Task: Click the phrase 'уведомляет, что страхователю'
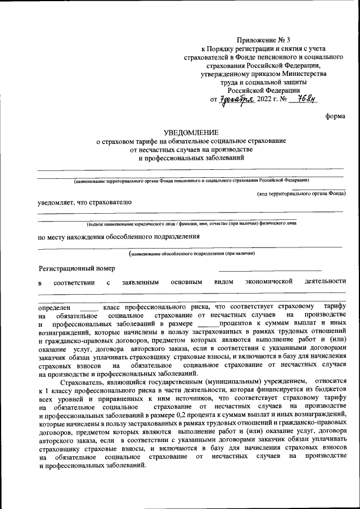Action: (84, 201)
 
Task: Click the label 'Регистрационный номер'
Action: (76, 268)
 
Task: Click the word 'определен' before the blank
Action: (55, 308)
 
